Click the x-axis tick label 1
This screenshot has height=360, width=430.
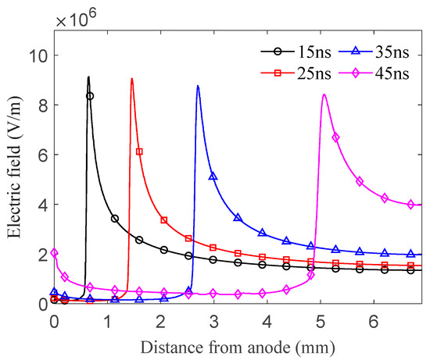click(107, 321)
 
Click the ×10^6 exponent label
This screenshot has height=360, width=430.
click(73, 17)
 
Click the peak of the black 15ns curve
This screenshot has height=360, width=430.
click(88, 77)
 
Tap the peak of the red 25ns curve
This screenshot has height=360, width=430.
click(131, 78)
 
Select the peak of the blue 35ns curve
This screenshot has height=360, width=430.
click(198, 85)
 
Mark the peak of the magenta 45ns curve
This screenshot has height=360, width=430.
click(324, 94)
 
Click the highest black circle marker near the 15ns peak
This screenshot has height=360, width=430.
click(90, 96)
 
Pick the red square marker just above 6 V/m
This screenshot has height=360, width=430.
click(139, 151)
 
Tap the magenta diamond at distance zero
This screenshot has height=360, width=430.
click(54, 253)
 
